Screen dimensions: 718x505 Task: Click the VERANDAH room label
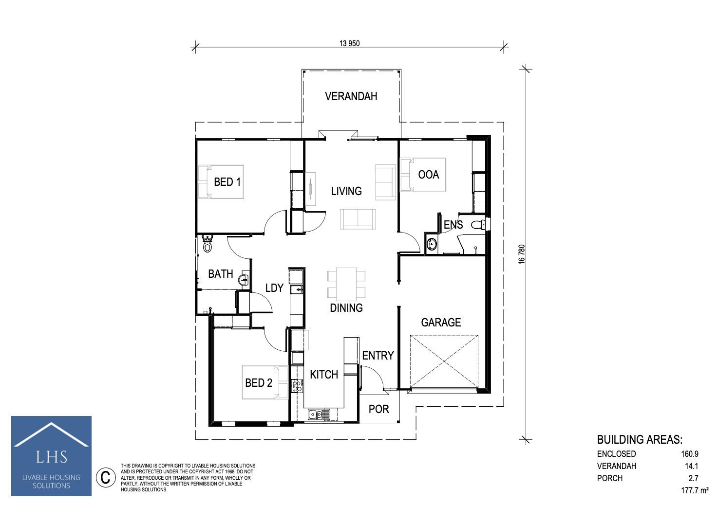pos(351,96)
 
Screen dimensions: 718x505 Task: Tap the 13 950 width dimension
pos(349,44)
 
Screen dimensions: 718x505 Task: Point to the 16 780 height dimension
pos(522,254)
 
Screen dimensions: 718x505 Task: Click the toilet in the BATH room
pos(208,244)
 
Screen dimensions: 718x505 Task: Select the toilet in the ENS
pos(478,225)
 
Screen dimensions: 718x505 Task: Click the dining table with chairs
pos(346,283)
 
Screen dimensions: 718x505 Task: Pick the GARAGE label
pos(441,323)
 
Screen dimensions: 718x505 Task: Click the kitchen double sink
pos(319,415)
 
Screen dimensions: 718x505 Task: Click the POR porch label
pos(378,409)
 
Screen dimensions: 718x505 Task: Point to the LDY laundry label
pos(274,288)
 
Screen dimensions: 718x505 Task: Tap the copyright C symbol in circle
pos(105,477)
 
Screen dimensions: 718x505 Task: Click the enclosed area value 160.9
pos(690,454)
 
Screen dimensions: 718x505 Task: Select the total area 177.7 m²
pos(695,490)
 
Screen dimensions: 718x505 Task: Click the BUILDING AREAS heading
pos(640,440)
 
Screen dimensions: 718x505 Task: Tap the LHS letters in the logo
pos(51,457)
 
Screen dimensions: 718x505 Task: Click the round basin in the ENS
pos(432,245)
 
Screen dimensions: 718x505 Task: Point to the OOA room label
pos(428,175)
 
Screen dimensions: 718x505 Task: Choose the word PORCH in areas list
pos(610,478)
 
